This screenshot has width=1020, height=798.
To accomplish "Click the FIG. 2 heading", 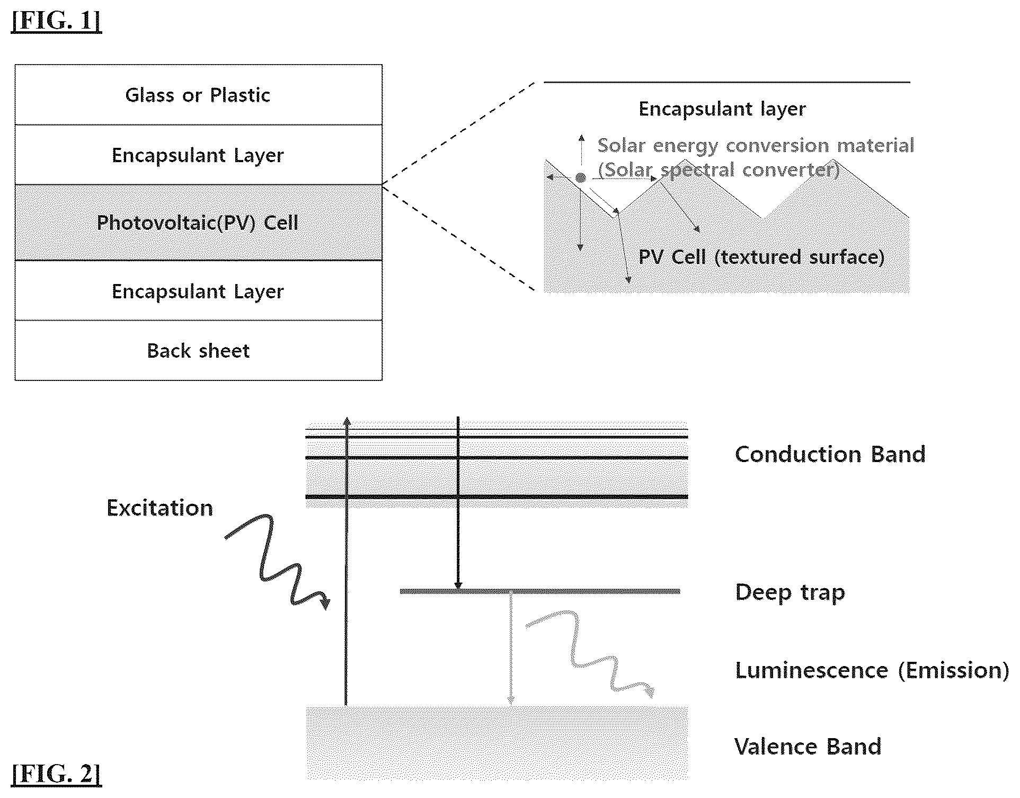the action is point(56,774).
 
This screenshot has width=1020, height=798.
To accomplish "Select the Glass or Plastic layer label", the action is point(198,95).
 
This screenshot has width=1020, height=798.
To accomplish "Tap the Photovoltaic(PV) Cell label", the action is point(198,223).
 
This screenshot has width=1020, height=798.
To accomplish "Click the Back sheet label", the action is point(198,351).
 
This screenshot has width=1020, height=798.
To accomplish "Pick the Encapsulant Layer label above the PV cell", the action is point(198,156).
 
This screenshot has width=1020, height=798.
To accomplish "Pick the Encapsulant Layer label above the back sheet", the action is point(198,292).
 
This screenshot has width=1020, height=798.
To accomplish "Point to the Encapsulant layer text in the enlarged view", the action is point(722,109).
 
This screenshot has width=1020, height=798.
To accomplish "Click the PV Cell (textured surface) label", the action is point(761,257).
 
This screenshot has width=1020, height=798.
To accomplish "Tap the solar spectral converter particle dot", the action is point(581,178).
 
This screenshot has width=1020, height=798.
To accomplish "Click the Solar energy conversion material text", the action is point(756,146).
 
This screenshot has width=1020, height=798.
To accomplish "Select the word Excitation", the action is point(160,508).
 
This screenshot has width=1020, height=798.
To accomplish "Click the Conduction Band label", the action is point(830,454).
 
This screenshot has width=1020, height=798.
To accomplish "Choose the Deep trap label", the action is point(790,592).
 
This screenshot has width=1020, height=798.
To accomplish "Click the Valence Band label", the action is point(808,747).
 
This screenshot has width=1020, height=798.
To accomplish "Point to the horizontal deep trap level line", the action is point(540,591).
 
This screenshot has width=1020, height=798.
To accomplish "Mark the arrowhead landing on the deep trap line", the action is point(458,586).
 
